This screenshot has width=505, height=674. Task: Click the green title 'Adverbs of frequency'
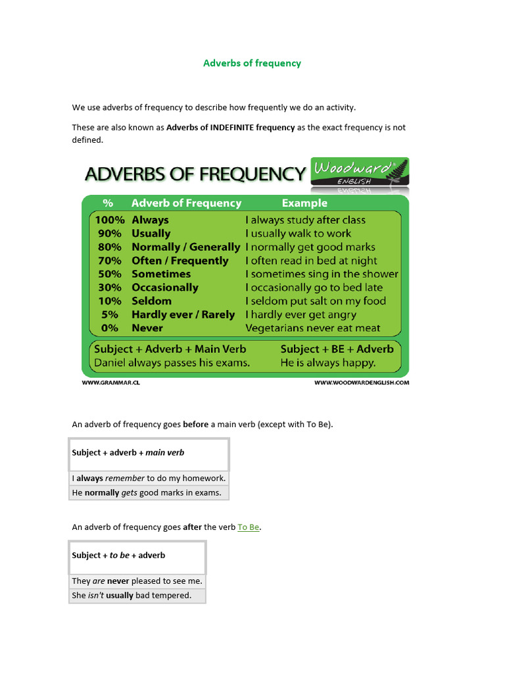pyautogui.click(x=252, y=63)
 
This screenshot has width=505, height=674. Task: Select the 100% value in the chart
pyautogui.click(x=108, y=220)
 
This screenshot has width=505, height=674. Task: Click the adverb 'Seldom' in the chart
pyautogui.click(x=151, y=301)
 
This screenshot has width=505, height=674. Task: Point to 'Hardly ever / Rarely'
pyautogui.click(x=183, y=315)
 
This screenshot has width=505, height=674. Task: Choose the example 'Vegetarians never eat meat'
pyautogui.click(x=312, y=328)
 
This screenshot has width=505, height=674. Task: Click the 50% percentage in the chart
pyautogui.click(x=109, y=274)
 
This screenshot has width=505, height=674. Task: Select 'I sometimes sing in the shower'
pyautogui.click(x=322, y=274)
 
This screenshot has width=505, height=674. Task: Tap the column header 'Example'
pyautogui.click(x=304, y=203)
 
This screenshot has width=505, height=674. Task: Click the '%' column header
pyautogui.click(x=108, y=203)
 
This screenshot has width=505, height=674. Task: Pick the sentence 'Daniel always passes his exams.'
pyautogui.click(x=172, y=363)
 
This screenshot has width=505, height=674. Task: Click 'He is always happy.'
pyautogui.click(x=328, y=363)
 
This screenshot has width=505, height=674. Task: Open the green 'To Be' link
pyautogui.click(x=249, y=527)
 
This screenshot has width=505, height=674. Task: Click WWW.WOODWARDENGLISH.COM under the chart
pyautogui.click(x=362, y=382)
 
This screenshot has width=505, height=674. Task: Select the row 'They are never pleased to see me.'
pyautogui.click(x=137, y=581)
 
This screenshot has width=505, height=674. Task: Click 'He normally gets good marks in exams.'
pyautogui.click(x=147, y=493)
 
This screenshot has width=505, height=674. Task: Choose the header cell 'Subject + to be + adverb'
pyautogui.click(x=118, y=556)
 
